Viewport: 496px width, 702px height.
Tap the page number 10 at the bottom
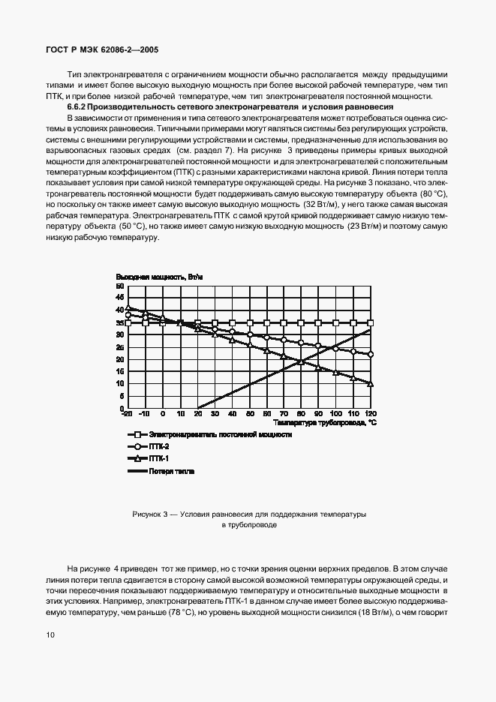[x=50, y=635]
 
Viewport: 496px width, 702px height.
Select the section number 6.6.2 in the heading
[x=78, y=108]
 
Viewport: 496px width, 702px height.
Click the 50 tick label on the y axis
[x=119, y=286]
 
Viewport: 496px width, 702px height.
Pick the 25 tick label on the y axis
[x=119, y=347]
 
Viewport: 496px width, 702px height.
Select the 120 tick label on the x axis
[x=369, y=414]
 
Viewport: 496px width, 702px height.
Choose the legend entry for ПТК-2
[x=160, y=446]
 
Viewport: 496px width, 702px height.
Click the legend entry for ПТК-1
[x=160, y=458]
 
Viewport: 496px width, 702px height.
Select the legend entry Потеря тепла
[x=172, y=471]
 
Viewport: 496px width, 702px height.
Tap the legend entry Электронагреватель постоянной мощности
[x=220, y=434]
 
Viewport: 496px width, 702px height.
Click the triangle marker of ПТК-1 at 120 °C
[x=370, y=383]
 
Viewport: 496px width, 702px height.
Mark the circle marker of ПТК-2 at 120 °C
[x=370, y=354]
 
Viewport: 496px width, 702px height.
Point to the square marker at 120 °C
[x=370, y=322]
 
